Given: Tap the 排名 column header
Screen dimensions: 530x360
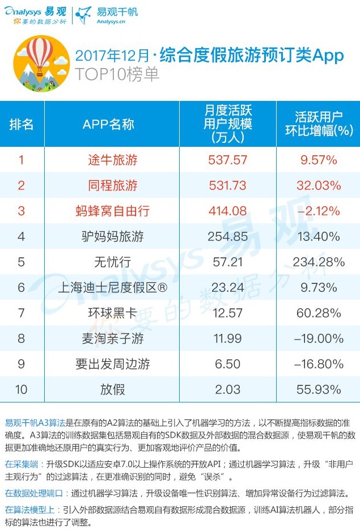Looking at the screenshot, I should click(x=22, y=124).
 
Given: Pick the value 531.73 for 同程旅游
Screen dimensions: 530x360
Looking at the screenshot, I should click(x=227, y=185).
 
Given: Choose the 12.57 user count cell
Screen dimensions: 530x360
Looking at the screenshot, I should click(x=227, y=313).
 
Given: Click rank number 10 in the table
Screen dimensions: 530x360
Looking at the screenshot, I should click(x=22, y=389).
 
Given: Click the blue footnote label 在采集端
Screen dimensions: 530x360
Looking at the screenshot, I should click(x=20, y=463).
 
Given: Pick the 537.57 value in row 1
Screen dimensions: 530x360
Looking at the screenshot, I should click(x=227, y=160).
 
